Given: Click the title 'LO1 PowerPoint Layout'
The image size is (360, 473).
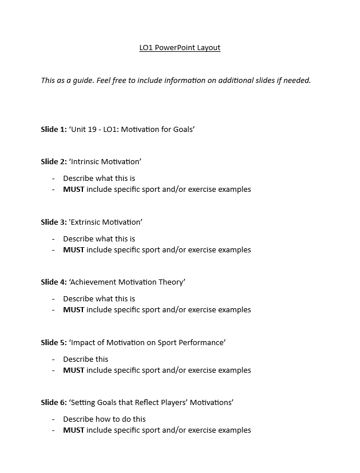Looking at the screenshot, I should [x=180, y=48].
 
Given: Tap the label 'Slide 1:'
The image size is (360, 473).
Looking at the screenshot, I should [x=54, y=130].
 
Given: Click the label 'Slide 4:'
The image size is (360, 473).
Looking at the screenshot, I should [x=54, y=282].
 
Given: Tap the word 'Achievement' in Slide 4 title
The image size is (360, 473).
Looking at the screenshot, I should [x=94, y=282].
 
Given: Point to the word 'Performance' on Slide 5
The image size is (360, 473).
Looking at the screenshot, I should [x=202, y=343].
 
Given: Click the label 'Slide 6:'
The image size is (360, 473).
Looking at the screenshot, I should [x=54, y=403].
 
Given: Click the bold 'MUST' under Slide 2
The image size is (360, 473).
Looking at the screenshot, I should [x=74, y=190].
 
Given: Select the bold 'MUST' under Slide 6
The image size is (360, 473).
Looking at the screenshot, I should [x=74, y=430].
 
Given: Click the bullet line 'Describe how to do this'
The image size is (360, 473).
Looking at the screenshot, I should [x=104, y=419].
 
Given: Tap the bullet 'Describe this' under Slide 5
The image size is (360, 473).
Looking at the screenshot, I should [x=86, y=360].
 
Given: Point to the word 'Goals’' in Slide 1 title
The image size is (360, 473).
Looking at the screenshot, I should [x=183, y=130].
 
